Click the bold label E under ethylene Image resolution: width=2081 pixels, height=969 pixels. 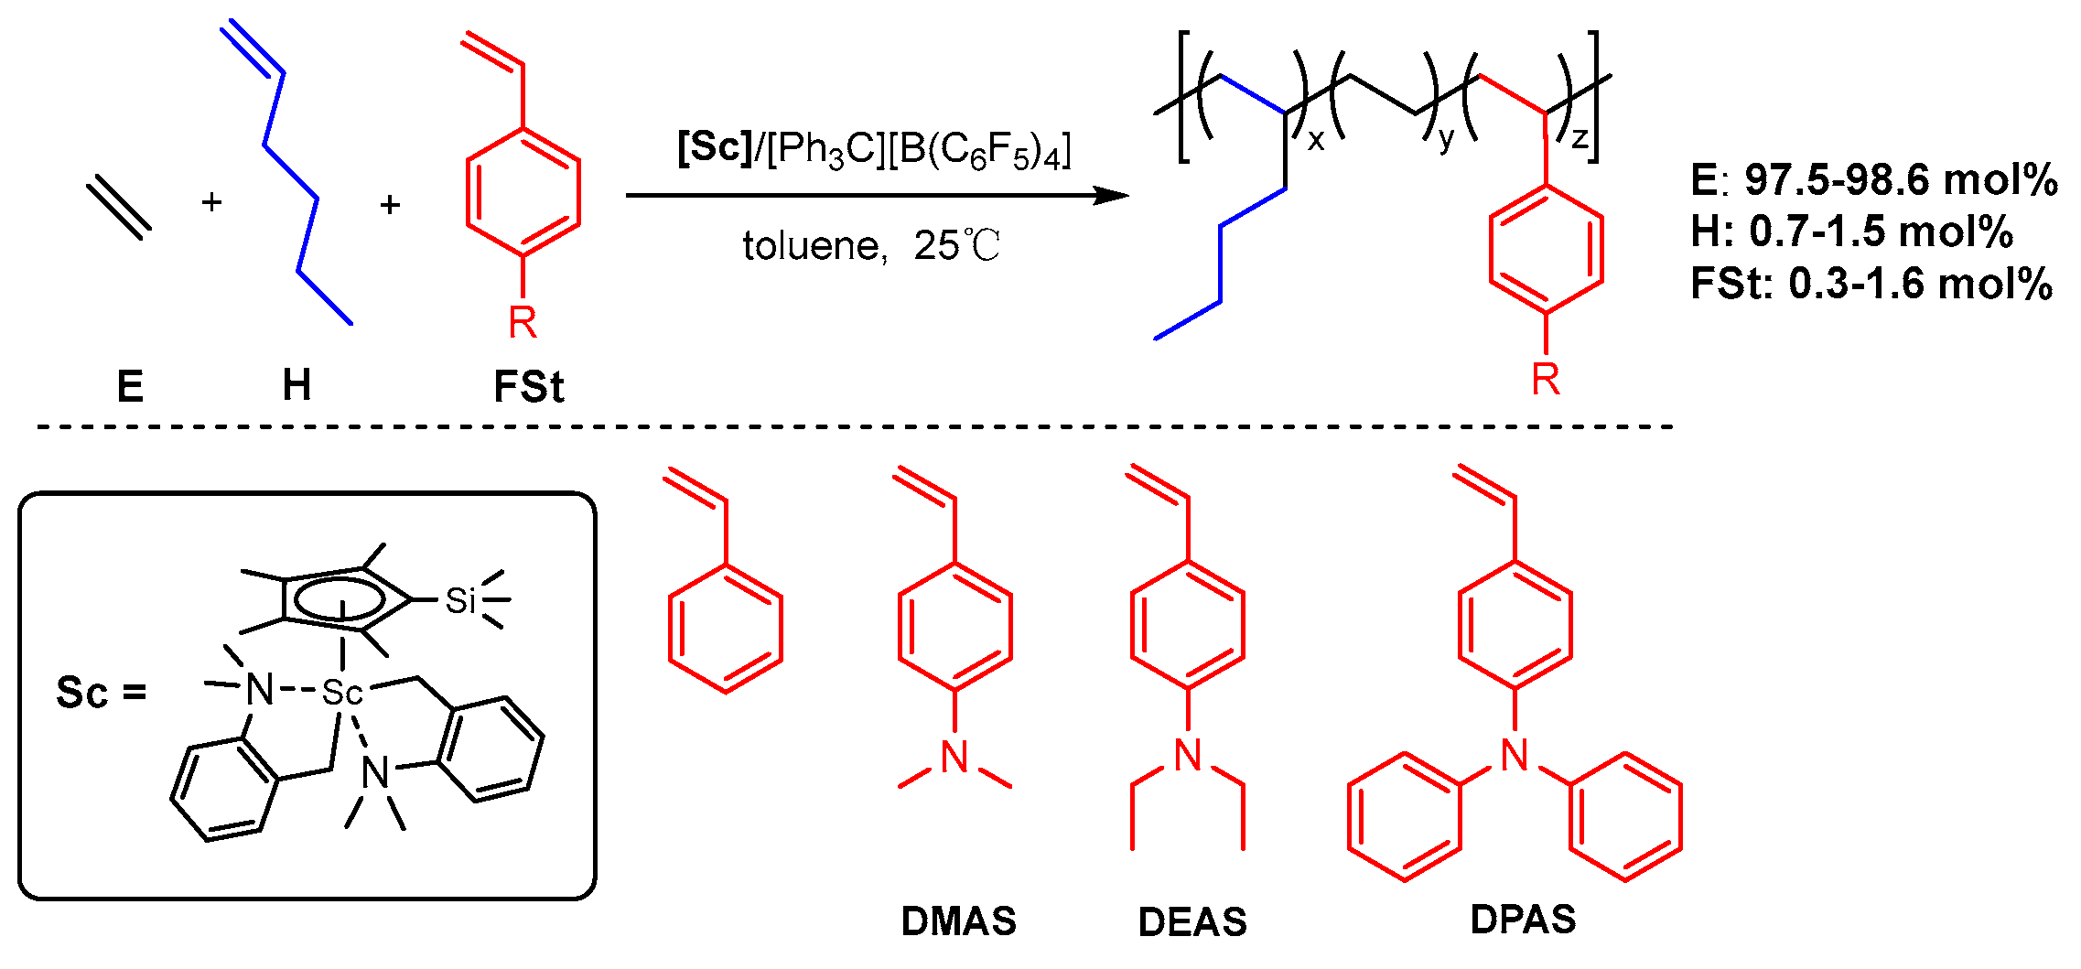click(x=130, y=386)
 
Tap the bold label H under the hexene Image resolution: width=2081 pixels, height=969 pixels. click(x=297, y=385)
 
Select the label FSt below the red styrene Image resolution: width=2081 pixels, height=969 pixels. click(x=528, y=387)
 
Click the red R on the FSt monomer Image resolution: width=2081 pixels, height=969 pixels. click(x=523, y=323)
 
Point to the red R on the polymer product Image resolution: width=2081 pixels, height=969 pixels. click(x=1546, y=379)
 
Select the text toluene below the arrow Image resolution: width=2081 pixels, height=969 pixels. click(x=810, y=246)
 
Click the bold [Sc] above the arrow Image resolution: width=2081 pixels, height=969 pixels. click(x=715, y=146)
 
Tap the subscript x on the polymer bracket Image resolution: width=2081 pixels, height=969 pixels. click(x=1315, y=140)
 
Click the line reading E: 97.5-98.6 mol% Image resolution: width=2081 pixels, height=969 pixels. click(x=1873, y=179)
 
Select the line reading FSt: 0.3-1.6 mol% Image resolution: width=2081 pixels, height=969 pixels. click(x=1871, y=284)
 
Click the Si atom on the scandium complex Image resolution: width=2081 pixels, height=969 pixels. click(x=460, y=601)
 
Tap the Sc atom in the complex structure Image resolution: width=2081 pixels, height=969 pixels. click(x=342, y=693)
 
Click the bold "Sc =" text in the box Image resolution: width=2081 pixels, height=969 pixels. click(x=101, y=693)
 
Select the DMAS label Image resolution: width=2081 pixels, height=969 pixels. click(x=958, y=921)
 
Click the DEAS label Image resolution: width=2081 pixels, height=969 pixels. click(x=1192, y=922)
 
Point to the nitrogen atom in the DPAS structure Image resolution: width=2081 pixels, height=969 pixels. click(x=1515, y=755)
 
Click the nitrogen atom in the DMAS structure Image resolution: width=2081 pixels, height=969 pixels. click(x=954, y=758)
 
